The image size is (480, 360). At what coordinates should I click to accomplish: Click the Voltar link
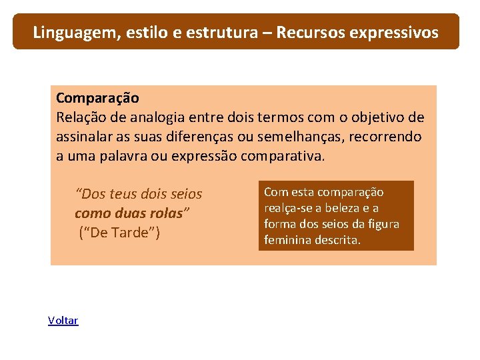click(x=63, y=321)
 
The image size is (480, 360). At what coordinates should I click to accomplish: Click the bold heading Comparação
click(x=97, y=98)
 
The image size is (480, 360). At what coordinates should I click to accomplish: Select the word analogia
click(x=163, y=118)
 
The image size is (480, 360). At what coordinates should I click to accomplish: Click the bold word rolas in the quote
click(x=166, y=214)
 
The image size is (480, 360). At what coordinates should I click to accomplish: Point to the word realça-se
click(x=289, y=208)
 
